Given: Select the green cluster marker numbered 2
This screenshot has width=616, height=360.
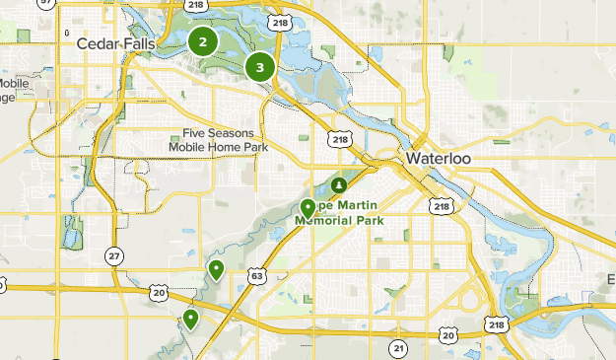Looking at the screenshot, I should coord(203,41).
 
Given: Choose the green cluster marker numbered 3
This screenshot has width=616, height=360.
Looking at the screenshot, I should coord(260,67).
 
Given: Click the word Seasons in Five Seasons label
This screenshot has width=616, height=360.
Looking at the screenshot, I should coord(233,133).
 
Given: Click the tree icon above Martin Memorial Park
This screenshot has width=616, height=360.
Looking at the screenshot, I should coord(338,184).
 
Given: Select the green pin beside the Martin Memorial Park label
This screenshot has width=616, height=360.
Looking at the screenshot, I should coord(308,208).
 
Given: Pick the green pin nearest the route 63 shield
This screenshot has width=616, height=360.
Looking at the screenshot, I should coord(216,269).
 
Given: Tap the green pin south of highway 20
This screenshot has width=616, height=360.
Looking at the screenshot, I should coord(190,319).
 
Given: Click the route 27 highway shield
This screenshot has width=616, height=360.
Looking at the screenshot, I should coord(115,256).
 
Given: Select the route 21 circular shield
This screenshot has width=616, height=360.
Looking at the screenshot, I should coord(398,348).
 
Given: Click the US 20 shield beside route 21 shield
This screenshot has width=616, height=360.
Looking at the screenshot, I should coord(448,336).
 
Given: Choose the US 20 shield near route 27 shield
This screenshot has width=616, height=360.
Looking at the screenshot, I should coord(159,292).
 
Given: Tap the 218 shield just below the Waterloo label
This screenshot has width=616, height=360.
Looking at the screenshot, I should coord(441,206).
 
